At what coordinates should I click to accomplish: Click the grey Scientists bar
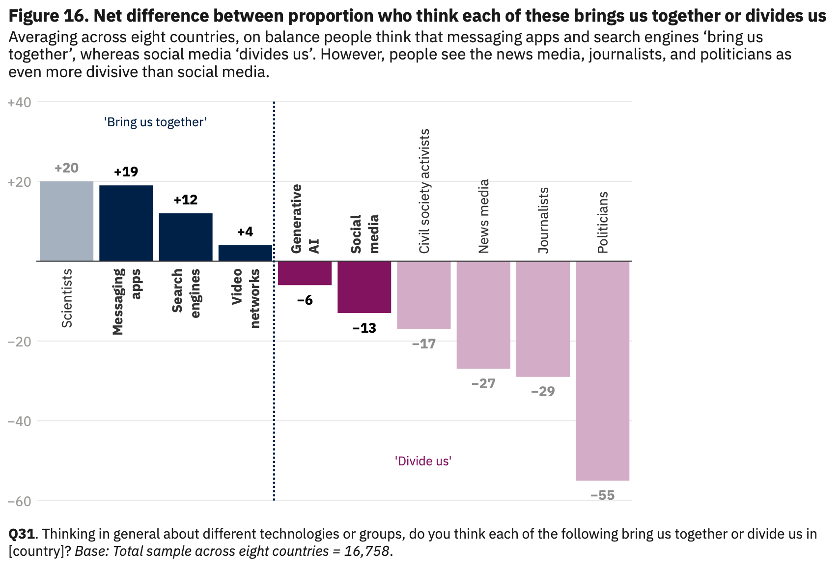click(66, 221)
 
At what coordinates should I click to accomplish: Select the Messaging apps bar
click(126, 223)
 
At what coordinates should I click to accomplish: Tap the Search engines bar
click(186, 237)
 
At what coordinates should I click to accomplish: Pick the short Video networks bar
click(245, 253)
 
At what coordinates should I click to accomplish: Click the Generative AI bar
click(305, 273)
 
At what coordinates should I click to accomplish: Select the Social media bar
click(364, 287)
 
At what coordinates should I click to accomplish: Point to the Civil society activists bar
click(423, 295)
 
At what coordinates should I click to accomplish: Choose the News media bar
click(483, 315)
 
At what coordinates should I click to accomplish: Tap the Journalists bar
click(543, 319)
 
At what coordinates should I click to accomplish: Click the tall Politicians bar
click(602, 371)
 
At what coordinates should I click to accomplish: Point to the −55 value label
click(602, 495)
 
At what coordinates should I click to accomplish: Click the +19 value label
click(126, 172)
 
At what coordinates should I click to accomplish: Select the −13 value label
click(364, 328)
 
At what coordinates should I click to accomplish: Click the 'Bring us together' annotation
click(155, 122)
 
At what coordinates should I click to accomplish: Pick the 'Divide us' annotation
click(423, 461)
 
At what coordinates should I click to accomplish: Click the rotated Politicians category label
click(602, 222)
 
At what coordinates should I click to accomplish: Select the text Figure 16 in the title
click(48, 16)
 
